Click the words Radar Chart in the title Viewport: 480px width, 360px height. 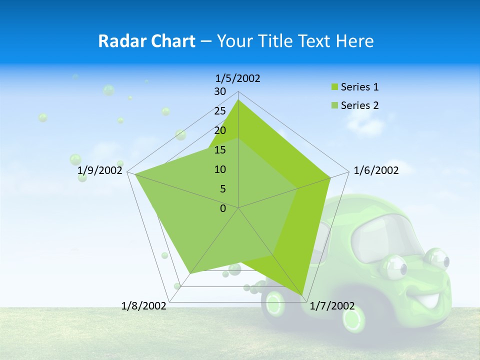pyautogui.click(x=146, y=41)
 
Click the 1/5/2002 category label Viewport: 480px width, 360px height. pyautogui.click(x=238, y=78)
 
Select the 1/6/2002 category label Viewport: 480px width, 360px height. pyautogui.click(x=376, y=170)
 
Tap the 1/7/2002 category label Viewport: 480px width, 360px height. pyautogui.click(x=332, y=305)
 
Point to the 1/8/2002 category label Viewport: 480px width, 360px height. pyautogui.click(x=144, y=305)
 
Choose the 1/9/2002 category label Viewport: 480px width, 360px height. pyautogui.click(x=100, y=170)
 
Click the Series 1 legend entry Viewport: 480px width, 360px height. pyautogui.click(x=359, y=87)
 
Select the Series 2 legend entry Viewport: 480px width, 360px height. pyautogui.click(x=359, y=105)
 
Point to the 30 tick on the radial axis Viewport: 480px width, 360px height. pyautogui.click(x=220, y=91)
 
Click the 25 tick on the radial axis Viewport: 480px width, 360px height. pyautogui.click(x=220, y=111)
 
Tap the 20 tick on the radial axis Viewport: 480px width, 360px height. pyautogui.click(x=220, y=130)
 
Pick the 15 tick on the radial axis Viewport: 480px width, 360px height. pyautogui.click(x=220, y=150)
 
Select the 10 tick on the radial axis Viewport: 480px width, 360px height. pyautogui.click(x=220, y=169)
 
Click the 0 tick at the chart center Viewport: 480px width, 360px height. pyautogui.click(x=223, y=208)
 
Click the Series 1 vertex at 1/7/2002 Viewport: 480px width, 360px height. pyautogui.click(x=302, y=295)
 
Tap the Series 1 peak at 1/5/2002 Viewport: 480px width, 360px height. pyautogui.click(x=238, y=100)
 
